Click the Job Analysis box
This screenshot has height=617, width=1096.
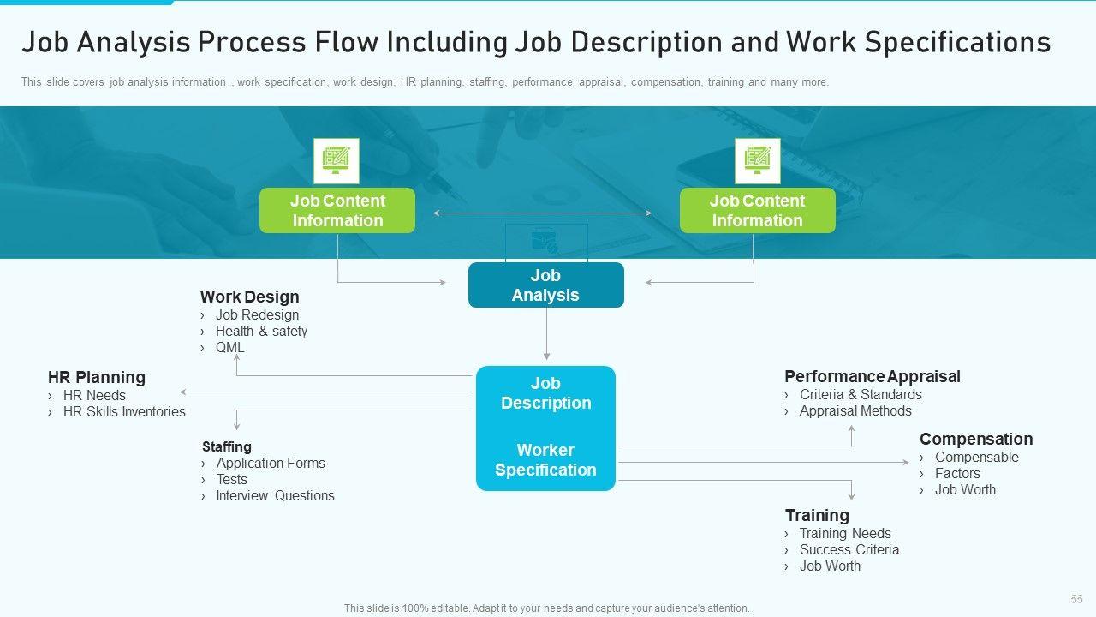click(x=545, y=285)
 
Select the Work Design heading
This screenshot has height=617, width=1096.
click(x=249, y=297)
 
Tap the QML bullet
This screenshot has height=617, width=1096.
click(x=229, y=348)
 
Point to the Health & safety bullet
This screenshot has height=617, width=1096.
click(x=261, y=332)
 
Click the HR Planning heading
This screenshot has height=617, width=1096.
click(x=97, y=378)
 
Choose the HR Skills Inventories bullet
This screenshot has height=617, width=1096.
click(x=124, y=412)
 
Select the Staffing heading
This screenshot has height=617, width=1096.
click(x=227, y=446)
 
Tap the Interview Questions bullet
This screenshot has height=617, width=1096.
click(x=275, y=496)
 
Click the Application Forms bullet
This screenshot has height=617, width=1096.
click(x=271, y=464)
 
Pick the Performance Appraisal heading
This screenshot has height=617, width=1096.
click(x=872, y=377)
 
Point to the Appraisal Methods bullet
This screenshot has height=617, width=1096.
click(x=855, y=411)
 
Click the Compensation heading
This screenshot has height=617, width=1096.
click(x=976, y=440)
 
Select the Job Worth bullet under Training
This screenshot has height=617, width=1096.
click(x=830, y=566)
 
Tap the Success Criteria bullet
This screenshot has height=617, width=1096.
click(x=849, y=550)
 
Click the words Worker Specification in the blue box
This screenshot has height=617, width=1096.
click(x=545, y=460)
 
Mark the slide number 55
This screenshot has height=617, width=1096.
click(x=1076, y=599)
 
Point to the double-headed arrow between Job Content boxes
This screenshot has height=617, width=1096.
click(x=542, y=213)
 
